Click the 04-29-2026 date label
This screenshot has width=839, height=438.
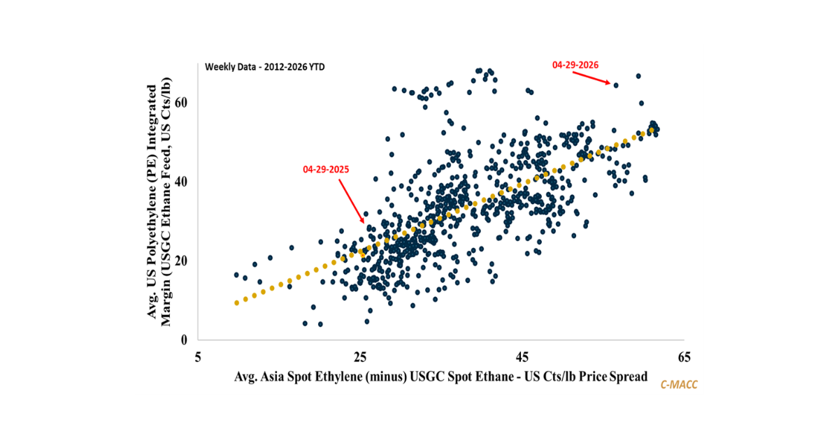click(x=575, y=64)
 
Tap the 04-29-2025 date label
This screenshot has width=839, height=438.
click(x=326, y=169)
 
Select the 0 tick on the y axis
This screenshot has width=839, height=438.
click(x=183, y=340)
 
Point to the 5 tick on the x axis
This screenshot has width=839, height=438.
click(x=199, y=358)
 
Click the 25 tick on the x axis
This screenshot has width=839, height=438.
click(x=360, y=358)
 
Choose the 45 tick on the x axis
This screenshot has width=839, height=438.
click(x=522, y=358)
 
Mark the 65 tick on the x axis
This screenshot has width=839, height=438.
click(x=683, y=358)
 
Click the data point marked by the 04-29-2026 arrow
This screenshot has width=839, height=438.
click(x=616, y=85)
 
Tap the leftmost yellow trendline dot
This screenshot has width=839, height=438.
click(x=236, y=302)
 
